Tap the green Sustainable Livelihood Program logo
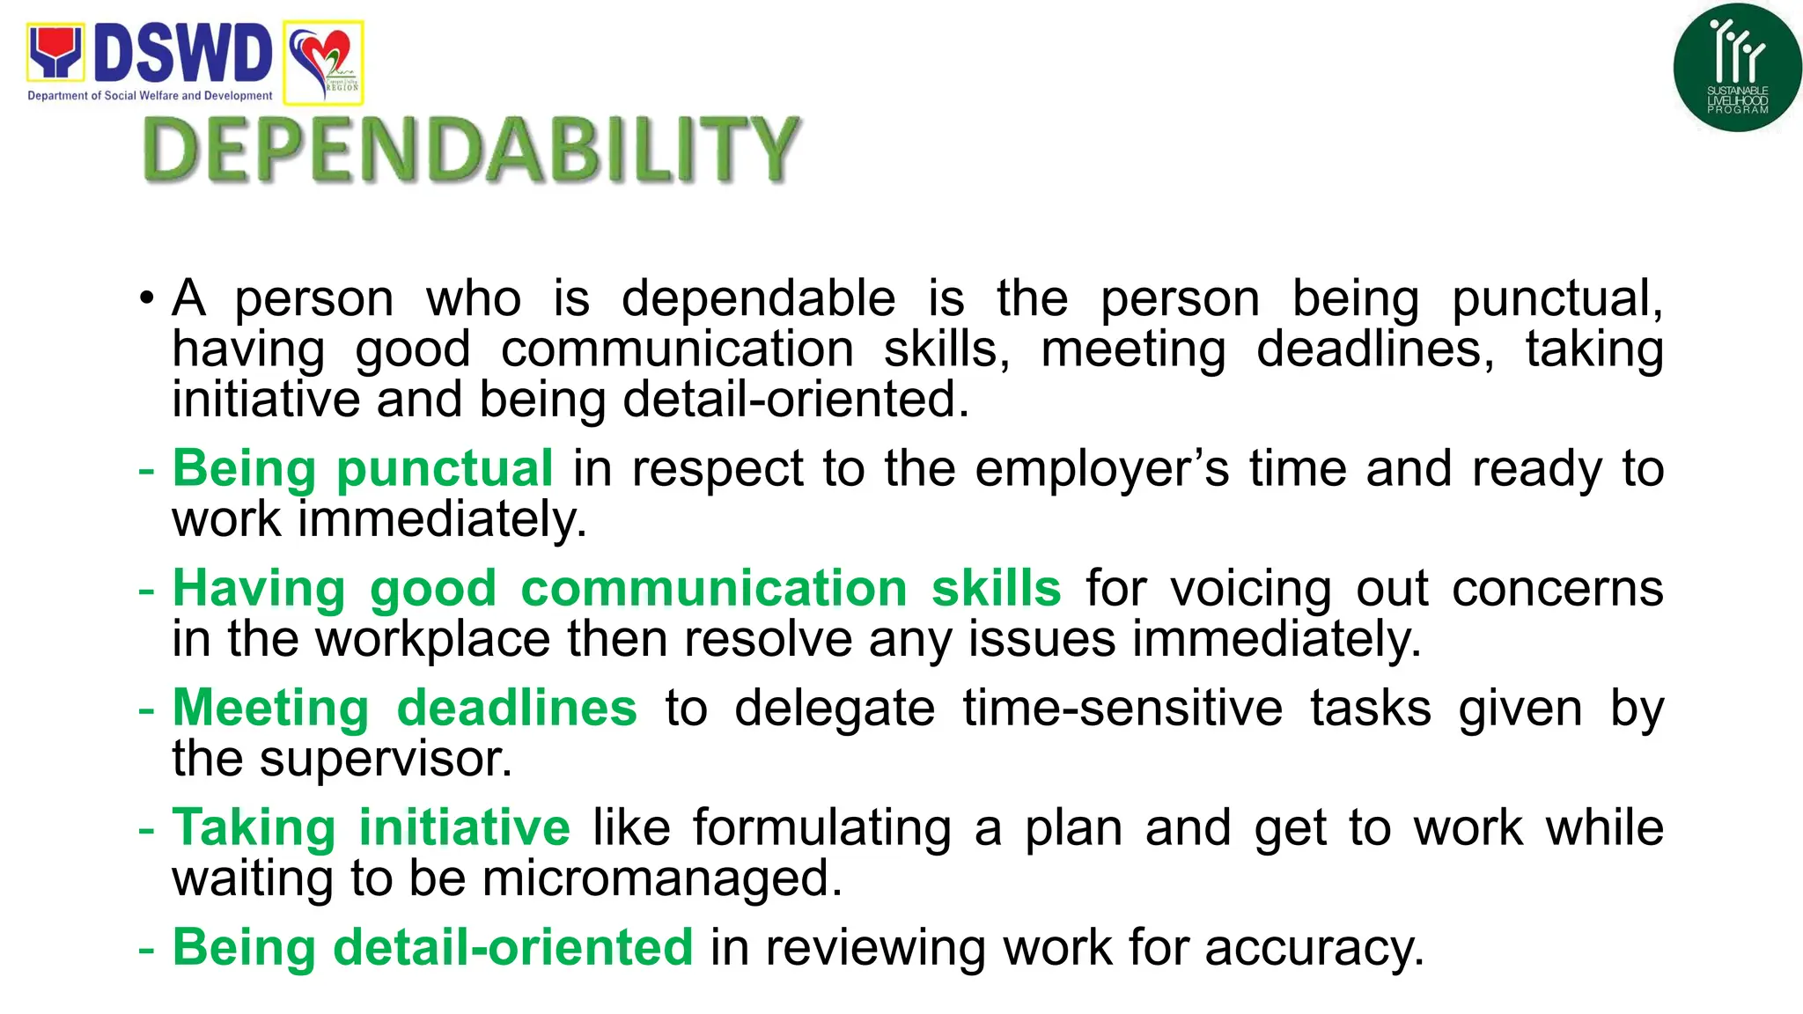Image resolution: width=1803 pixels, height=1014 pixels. coord(1737,68)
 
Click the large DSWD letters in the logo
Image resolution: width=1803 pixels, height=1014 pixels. coord(183,54)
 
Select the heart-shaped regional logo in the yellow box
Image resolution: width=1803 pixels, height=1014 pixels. coord(323,62)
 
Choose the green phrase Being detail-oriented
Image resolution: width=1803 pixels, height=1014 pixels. coord(432,947)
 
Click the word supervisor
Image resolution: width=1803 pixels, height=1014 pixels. coord(385,758)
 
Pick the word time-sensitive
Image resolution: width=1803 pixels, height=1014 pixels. coord(1122,708)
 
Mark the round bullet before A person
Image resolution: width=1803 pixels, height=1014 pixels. coord(147,298)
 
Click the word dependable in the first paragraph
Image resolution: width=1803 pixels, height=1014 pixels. coord(758,298)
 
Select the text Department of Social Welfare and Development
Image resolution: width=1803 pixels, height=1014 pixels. coord(150,96)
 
